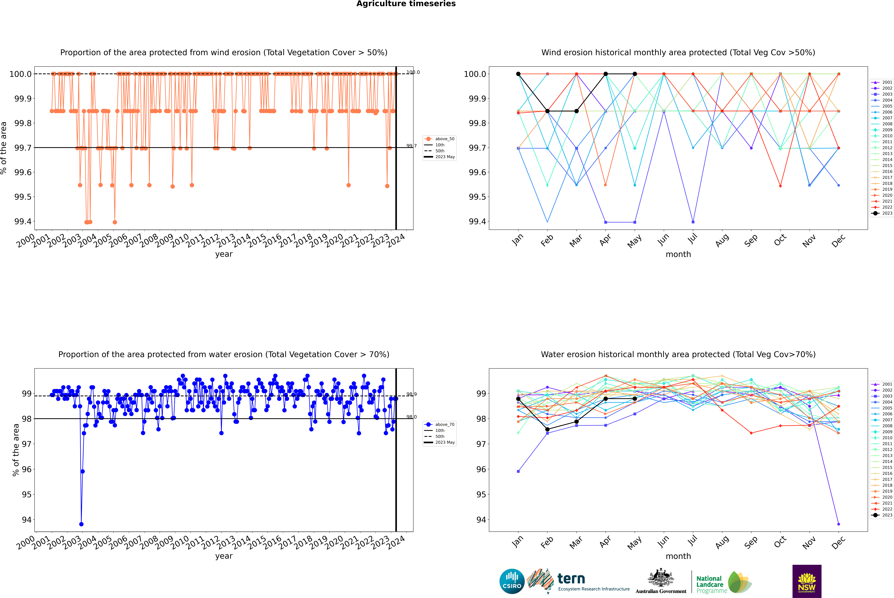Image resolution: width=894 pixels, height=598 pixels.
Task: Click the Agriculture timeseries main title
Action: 406,4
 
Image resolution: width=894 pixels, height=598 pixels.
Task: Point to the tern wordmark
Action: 571,579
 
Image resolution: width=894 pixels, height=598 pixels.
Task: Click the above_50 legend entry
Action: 440,139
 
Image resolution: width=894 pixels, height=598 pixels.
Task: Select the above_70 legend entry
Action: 440,425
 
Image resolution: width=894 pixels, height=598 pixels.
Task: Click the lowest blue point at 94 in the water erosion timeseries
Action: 81,524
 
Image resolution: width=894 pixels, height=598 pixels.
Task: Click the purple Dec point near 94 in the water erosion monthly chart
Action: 838,524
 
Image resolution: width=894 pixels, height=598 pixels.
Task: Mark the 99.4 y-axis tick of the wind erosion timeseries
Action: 23,222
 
